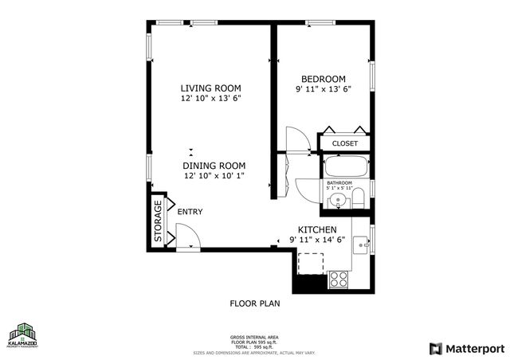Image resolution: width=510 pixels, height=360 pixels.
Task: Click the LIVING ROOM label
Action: (x=210, y=88)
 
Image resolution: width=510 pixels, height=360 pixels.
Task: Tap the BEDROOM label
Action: (x=323, y=78)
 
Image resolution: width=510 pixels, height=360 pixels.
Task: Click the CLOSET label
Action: (x=345, y=143)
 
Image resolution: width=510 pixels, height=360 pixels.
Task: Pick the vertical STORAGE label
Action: (x=158, y=221)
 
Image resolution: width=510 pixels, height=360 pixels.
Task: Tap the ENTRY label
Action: (x=190, y=212)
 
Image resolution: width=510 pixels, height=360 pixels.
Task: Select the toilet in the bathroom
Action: (x=359, y=197)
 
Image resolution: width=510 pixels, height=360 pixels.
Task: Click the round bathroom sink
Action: (x=339, y=200)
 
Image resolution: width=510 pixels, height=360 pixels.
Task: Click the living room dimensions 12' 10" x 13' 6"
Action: (x=210, y=98)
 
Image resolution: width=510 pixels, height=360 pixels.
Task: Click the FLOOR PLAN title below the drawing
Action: (x=254, y=303)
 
